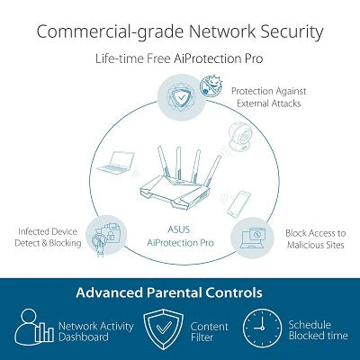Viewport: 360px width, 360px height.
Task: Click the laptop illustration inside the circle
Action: tap(116, 163)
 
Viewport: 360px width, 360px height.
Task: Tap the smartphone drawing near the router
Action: tap(238, 203)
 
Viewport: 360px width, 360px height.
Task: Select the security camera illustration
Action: tap(241, 136)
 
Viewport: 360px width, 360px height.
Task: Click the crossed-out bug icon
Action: tap(211, 85)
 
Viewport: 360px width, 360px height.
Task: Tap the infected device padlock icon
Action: tap(106, 236)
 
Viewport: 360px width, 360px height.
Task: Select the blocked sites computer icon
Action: tap(252, 238)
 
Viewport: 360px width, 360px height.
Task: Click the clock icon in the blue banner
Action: tap(262, 328)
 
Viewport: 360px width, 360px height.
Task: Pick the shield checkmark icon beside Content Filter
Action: tap(163, 329)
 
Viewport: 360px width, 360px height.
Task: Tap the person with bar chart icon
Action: tap(34, 328)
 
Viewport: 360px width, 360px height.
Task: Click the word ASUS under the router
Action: tap(179, 229)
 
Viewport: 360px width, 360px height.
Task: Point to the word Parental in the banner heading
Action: tap(175, 292)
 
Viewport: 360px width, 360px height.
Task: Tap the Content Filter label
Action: tap(209, 331)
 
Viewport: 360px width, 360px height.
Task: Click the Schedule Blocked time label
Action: tap(318, 330)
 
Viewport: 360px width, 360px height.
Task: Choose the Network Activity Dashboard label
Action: tap(96, 331)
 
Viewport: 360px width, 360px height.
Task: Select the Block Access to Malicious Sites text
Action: tap(315, 238)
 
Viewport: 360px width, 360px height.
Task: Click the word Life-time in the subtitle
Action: tap(120, 58)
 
